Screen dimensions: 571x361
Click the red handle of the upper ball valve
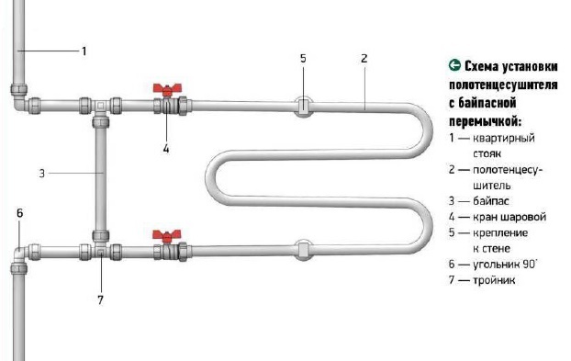[167, 89]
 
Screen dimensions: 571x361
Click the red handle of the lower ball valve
[167, 235]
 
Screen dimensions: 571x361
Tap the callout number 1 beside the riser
[84, 51]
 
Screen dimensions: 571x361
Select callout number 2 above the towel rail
[364, 58]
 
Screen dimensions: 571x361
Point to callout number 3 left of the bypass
[42, 174]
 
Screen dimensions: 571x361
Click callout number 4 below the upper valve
[166, 149]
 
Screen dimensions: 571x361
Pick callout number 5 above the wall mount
[303, 58]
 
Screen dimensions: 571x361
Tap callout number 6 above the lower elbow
[19, 213]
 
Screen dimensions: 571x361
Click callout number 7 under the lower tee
[100, 299]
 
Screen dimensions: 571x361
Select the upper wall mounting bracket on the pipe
[303, 107]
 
